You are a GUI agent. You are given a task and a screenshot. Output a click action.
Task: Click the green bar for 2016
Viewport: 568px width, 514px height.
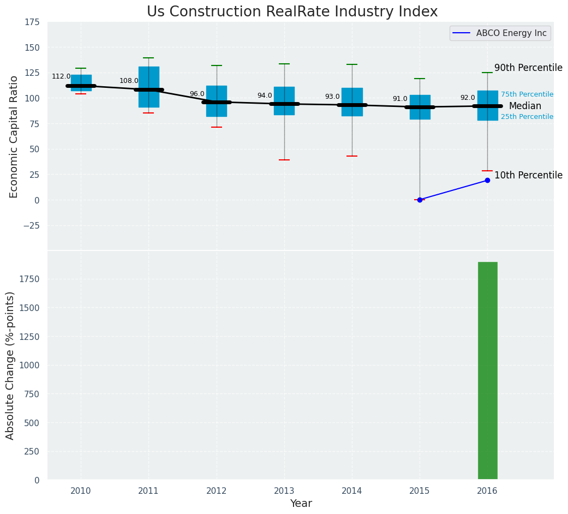click(x=487, y=371)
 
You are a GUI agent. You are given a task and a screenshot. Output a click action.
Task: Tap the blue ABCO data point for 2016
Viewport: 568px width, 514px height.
click(x=487, y=180)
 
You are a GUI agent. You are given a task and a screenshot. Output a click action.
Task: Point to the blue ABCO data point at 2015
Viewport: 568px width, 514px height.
click(x=420, y=200)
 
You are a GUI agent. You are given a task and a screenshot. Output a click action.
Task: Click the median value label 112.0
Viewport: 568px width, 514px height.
click(x=61, y=76)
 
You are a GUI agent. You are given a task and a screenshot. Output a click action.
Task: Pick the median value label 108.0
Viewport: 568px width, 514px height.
click(x=129, y=81)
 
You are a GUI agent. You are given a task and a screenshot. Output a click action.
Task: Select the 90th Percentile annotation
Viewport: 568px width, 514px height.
click(x=528, y=68)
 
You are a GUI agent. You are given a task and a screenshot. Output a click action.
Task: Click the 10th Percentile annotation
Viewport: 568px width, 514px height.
click(x=528, y=176)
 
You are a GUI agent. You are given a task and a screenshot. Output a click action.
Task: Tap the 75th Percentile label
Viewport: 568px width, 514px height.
click(x=527, y=94)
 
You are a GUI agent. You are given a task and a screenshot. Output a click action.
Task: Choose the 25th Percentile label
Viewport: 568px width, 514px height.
click(x=527, y=117)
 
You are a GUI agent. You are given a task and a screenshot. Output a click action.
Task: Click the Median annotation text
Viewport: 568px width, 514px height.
click(x=525, y=106)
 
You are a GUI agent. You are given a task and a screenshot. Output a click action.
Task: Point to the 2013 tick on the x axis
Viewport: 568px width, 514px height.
click(x=284, y=491)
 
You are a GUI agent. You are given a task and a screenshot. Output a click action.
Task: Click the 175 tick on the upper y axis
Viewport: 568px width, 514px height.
click(x=32, y=22)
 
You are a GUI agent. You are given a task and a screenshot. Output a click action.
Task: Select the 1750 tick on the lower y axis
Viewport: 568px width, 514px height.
click(x=29, y=279)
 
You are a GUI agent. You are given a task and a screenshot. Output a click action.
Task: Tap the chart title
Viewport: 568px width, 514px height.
click(x=292, y=12)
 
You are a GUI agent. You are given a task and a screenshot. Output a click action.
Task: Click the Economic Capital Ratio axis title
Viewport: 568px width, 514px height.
click(x=14, y=136)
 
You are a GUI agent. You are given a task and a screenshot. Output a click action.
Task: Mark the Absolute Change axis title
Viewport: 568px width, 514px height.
click(x=10, y=365)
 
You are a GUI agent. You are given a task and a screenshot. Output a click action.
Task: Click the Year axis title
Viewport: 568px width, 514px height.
click(x=301, y=504)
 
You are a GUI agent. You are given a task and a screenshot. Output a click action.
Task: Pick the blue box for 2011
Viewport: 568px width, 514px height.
click(x=148, y=87)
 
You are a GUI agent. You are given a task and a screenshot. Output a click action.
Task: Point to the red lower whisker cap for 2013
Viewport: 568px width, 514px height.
click(x=284, y=160)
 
